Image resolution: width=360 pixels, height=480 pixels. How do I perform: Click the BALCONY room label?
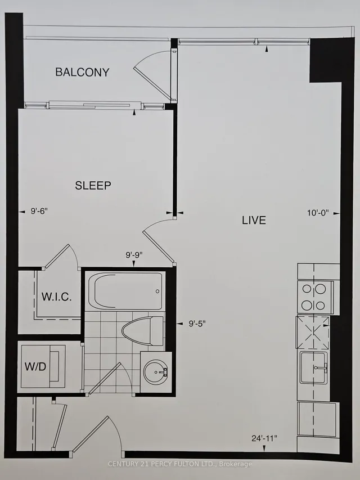(x=82, y=72)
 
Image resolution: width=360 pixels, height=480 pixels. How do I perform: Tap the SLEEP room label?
(x=93, y=185)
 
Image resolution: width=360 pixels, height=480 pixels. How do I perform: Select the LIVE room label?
(x=254, y=220)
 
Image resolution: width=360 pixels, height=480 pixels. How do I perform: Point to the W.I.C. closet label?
(x=56, y=297)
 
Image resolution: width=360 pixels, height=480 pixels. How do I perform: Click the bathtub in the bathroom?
(x=126, y=290)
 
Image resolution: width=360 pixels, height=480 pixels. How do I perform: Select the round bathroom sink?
(x=156, y=371)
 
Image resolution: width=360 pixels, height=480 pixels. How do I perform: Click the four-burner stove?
(x=314, y=297)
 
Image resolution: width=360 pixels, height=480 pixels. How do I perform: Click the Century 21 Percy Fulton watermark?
(x=179, y=464)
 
